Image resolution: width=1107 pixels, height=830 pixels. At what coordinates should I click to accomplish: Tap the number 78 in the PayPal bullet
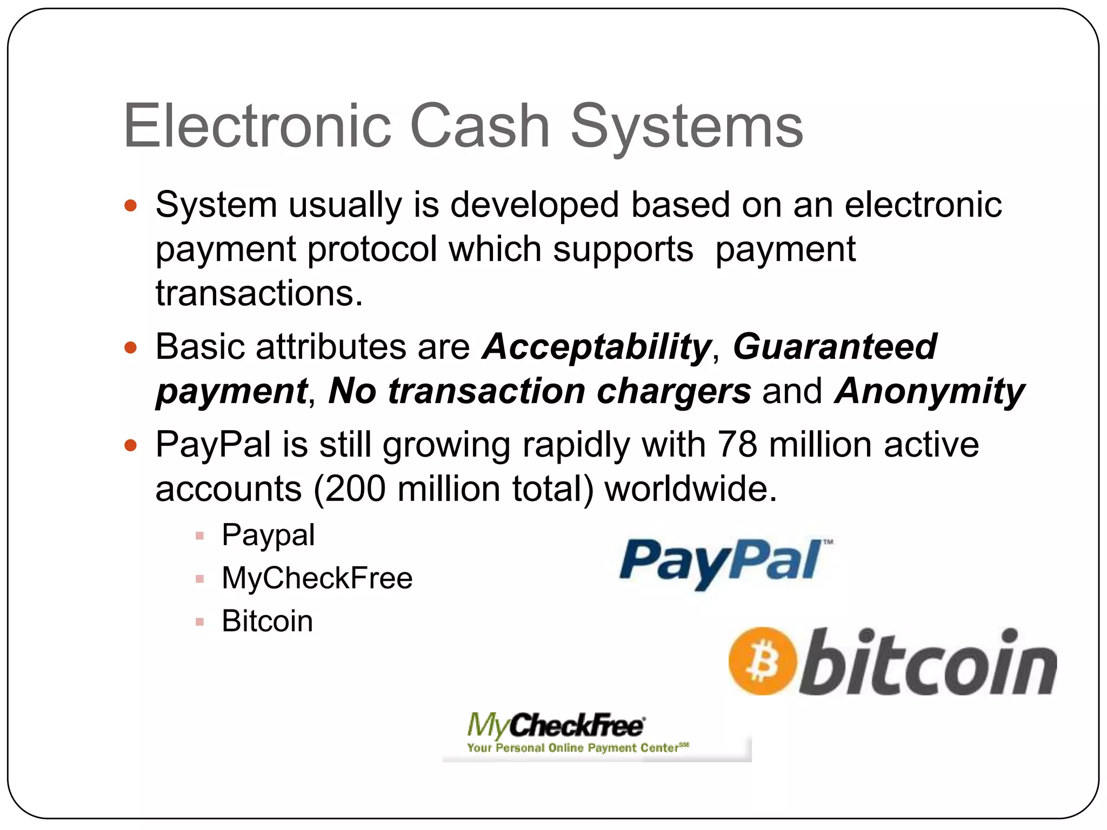tap(737, 445)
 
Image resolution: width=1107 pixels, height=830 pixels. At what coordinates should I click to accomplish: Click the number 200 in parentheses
tap(356, 489)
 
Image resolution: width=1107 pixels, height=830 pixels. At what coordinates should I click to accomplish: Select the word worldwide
tap(690, 489)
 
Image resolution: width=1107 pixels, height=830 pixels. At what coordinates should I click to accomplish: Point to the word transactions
tap(259, 293)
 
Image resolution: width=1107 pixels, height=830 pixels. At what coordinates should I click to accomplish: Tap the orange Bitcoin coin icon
tap(762, 661)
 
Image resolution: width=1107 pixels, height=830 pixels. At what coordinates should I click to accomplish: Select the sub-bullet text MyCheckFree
tap(317, 578)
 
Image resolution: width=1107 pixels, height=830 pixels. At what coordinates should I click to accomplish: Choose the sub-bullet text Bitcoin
tap(267, 621)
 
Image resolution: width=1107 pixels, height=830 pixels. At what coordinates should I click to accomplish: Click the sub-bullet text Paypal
tap(268, 536)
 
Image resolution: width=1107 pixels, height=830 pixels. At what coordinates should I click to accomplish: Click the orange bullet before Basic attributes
tap(130, 347)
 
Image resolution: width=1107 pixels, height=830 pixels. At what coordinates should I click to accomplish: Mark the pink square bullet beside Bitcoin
tap(200, 621)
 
